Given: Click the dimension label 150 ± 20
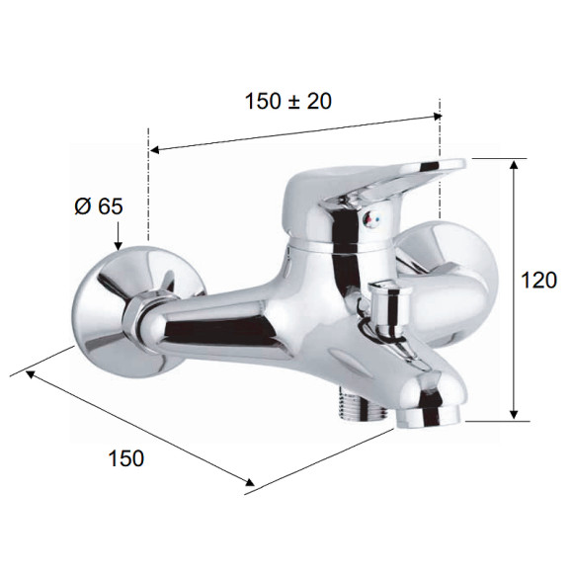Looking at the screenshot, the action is point(287,101).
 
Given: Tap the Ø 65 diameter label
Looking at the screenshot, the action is point(99,206).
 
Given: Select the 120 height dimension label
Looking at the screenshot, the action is point(538,281).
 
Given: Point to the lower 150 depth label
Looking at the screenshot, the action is point(126,457).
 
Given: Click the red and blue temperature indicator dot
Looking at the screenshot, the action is point(369,219).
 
